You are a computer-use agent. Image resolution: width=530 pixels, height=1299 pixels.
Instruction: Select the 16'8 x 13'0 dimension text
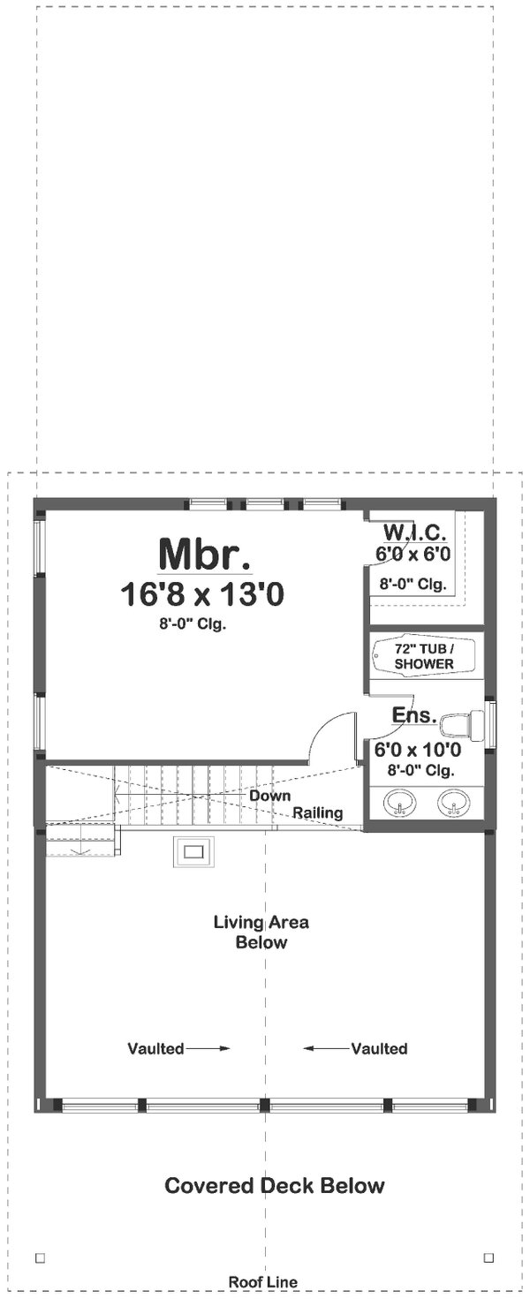[202, 594]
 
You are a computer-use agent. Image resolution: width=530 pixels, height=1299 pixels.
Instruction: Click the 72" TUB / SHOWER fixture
[423, 655]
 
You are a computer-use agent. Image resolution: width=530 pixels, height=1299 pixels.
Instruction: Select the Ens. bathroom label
[415, 715]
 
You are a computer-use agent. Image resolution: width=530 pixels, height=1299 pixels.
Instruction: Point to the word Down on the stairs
[269, 796]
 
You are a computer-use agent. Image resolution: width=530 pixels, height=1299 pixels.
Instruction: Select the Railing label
[318, 812]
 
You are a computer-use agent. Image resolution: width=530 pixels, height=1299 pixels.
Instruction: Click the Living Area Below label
[261, 933]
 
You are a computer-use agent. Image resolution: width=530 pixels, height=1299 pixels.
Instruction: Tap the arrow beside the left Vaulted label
[208, 1049]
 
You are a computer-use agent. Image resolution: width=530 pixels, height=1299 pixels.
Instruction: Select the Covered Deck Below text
[274, 1185]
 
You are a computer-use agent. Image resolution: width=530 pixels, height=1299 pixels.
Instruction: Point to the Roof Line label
[263, 1282]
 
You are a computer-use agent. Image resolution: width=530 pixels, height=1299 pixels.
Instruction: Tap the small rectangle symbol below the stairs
[193, 852]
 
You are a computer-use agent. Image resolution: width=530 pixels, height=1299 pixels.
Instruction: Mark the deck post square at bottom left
[39, 1257]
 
